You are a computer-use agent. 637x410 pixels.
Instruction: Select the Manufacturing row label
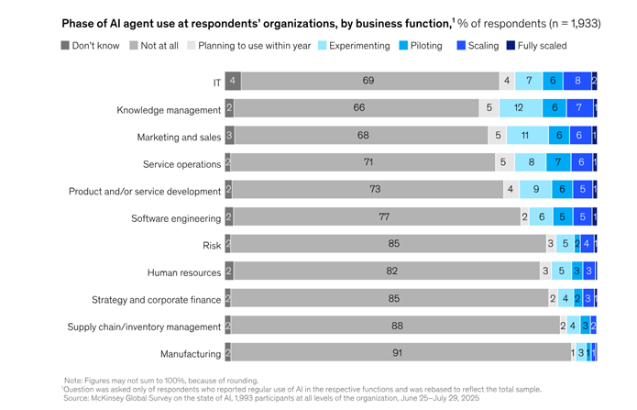click(x=190, y=354)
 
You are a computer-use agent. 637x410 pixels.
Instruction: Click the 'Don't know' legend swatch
click(x=65, y=45)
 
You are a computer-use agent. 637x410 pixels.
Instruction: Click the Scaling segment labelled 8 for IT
click(x=577, y=82)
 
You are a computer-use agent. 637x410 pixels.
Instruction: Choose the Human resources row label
click(x=184, y=272)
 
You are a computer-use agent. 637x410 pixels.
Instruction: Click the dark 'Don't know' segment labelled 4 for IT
click(x=233, y=82)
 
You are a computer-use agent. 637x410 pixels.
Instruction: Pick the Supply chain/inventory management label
click(x=144, y=327)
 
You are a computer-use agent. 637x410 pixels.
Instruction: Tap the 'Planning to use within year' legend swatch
click(x=192, y=45)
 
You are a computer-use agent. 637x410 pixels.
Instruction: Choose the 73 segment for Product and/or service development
click(x=368, y=191)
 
